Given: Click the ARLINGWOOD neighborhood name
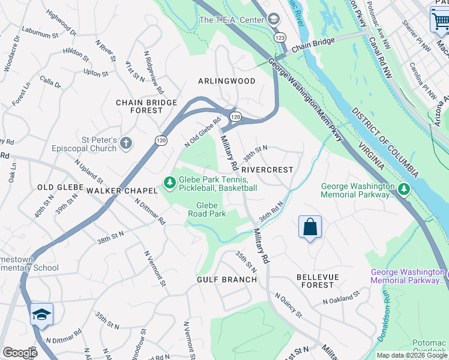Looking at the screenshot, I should tap(227, 81).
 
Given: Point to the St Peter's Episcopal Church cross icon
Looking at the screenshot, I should tap(125, 143).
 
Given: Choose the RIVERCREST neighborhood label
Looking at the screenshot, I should tap(268, 170).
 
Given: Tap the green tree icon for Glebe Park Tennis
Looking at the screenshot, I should tap(170, 181).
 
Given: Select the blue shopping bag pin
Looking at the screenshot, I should tap(310, 227).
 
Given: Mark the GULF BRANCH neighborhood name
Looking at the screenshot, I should tap(222, 280).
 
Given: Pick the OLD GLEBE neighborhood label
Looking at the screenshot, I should tap(55, 187).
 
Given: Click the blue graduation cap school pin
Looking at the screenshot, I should tap(41, 314).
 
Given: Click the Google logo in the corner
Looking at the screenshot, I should tap(20, 353).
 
